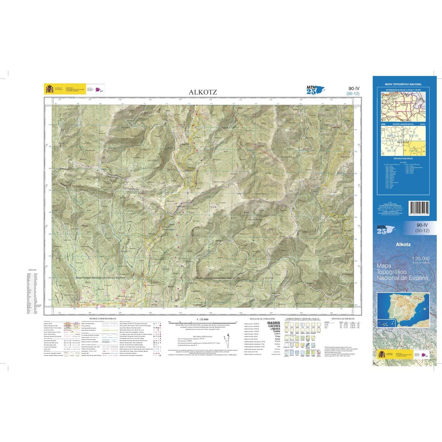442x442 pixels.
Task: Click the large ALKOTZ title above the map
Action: point(201,92)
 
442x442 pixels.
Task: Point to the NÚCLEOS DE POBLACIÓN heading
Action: point(260,318)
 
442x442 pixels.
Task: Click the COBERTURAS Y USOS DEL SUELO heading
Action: point(302,318)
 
